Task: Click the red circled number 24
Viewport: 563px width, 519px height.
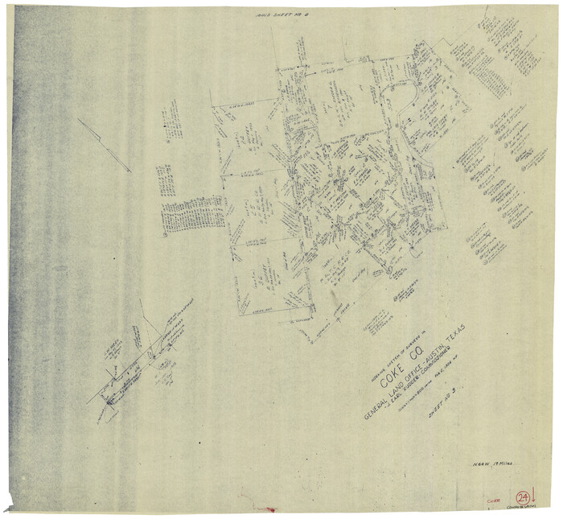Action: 524,497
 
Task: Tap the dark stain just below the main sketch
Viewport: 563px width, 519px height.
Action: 332,301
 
